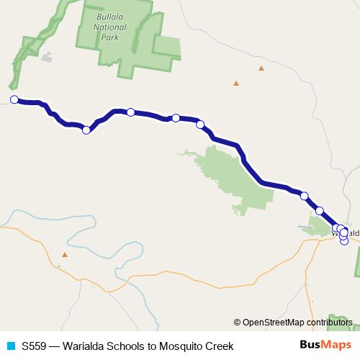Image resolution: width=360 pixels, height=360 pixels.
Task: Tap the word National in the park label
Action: [109, 27]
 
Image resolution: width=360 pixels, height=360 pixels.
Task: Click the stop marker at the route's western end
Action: [14, 99]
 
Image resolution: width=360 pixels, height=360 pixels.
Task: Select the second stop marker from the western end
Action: [86, 130]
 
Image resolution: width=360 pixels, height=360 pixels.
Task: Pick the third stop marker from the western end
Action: [130, 112]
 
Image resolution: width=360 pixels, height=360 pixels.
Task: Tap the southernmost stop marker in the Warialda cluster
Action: [344, 241]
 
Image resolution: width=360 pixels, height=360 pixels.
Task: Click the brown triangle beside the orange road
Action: [65, 254]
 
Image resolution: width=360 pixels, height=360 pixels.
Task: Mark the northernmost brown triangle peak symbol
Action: [261, 68]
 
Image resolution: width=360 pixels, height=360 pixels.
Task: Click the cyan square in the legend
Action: [10, 346]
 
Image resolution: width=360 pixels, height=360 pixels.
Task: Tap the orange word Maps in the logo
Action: [335, 345]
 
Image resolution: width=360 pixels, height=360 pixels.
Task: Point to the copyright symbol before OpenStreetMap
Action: [238, 322]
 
